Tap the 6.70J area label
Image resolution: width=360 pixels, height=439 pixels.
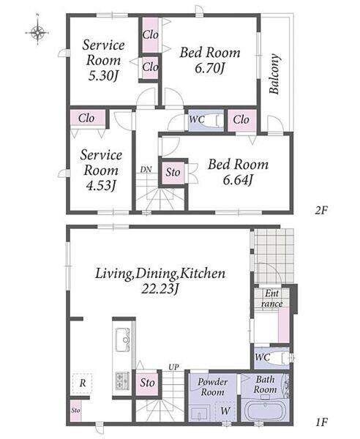[210, 68]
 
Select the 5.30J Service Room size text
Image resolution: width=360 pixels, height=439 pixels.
[104, 75]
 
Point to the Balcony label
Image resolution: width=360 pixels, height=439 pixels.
[274, 74]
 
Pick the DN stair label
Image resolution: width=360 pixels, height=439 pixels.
[146, 169]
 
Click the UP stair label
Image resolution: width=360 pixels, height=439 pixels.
[173, 367]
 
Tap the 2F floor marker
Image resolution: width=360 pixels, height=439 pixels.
[321, 210]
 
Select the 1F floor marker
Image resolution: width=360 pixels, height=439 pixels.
[322, 421]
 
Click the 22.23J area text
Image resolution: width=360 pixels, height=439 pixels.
[160, 289]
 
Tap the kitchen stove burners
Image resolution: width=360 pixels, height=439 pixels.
[123, 380]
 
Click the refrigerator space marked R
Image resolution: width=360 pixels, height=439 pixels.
[82, 383]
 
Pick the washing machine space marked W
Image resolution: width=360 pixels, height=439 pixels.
[225, 411]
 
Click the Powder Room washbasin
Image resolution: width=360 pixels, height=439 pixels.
[200, 413]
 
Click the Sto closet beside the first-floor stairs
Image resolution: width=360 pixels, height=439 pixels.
[147, 383]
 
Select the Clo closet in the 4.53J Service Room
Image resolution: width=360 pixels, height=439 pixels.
[87, 118]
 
